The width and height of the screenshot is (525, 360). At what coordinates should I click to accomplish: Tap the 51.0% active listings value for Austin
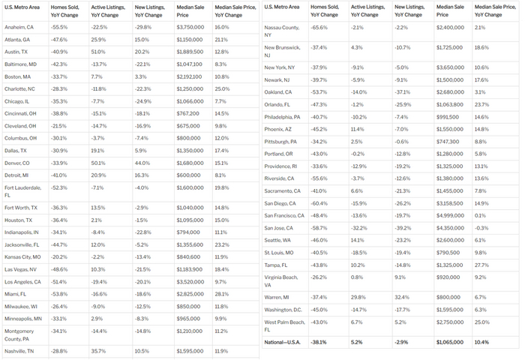(98, 52)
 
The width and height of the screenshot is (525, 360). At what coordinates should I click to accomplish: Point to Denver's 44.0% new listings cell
(142, 162)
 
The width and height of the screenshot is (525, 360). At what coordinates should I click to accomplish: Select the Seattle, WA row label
(278, 239)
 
